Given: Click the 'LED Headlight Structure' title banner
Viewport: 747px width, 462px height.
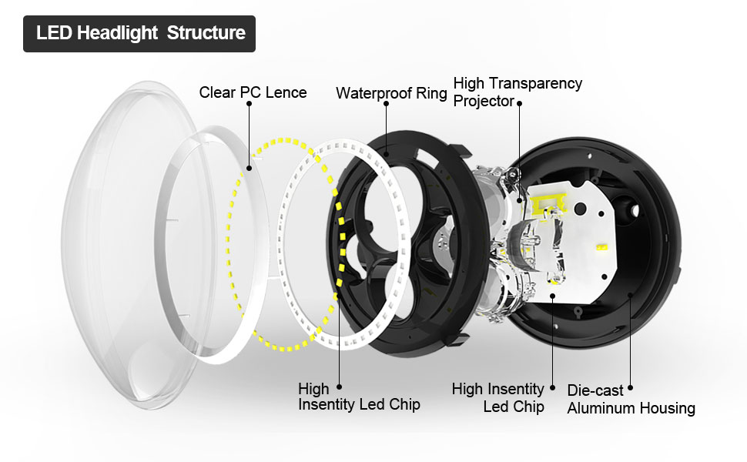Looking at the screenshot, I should click(x=139, y=33).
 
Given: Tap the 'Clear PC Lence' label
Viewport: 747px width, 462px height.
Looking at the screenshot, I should click(x=253, y=92).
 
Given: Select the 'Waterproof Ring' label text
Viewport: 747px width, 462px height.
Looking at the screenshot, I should click(x=391, y=93).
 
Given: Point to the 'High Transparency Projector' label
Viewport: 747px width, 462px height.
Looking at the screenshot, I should click(x=518, y=92).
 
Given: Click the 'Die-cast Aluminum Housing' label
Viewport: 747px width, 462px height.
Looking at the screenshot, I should click(x=631, y=399).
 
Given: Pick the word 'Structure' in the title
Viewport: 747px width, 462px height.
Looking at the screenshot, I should click(x=206, y=33).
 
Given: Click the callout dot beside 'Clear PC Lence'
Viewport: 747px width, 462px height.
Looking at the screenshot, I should click(x=249, y=166).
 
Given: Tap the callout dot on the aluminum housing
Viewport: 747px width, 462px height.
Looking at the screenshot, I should click(x=631, y=295).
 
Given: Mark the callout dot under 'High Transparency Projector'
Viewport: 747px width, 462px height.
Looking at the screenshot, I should click(x=519, y=200).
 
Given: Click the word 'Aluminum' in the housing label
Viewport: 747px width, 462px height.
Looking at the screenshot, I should click(x=601, y=408).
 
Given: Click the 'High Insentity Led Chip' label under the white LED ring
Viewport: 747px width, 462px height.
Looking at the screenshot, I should click(x=359, y=397).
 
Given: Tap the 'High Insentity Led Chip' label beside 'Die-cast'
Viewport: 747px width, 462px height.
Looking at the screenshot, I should click(x=498, y=397).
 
